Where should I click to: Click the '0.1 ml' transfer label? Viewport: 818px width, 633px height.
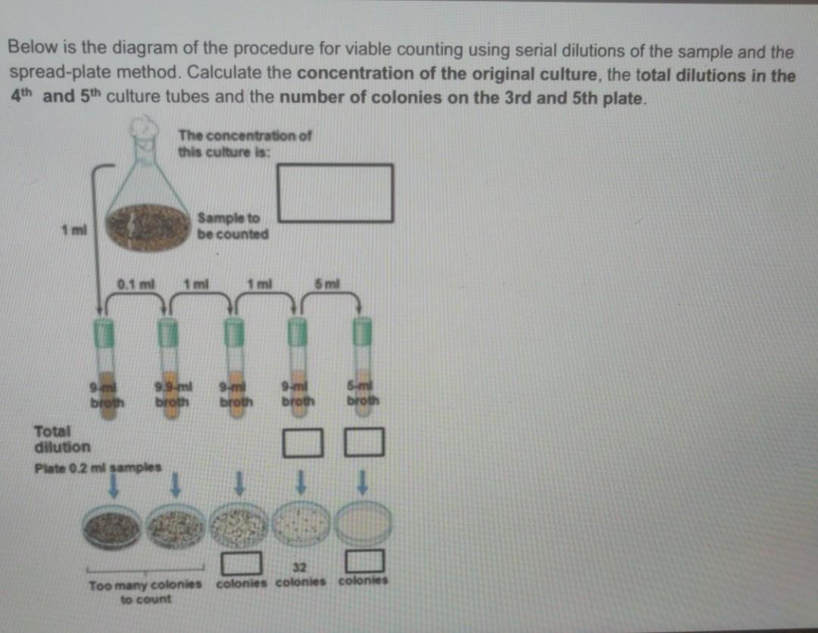(136, 284)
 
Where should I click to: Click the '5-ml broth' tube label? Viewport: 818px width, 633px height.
(364, 394)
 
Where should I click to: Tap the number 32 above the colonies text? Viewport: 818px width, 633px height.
(299, 568)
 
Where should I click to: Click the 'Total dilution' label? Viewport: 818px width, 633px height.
(62, 439)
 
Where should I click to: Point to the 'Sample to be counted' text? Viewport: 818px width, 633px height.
(233, 226)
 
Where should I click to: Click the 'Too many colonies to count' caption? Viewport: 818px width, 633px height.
(145, 591)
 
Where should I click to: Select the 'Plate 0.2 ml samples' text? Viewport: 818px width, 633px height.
(98, 467)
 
